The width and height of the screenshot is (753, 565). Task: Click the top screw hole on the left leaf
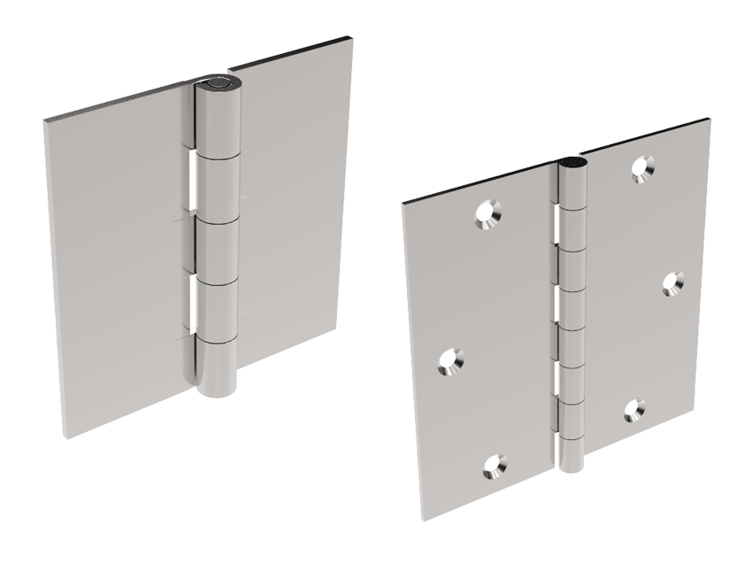(x=488, y=213)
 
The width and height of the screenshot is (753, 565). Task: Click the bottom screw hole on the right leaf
(x=634, y=408)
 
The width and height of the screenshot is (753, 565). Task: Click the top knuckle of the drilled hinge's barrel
(x=571, y=190)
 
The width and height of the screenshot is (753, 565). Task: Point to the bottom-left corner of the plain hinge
(x=64, y=434)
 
